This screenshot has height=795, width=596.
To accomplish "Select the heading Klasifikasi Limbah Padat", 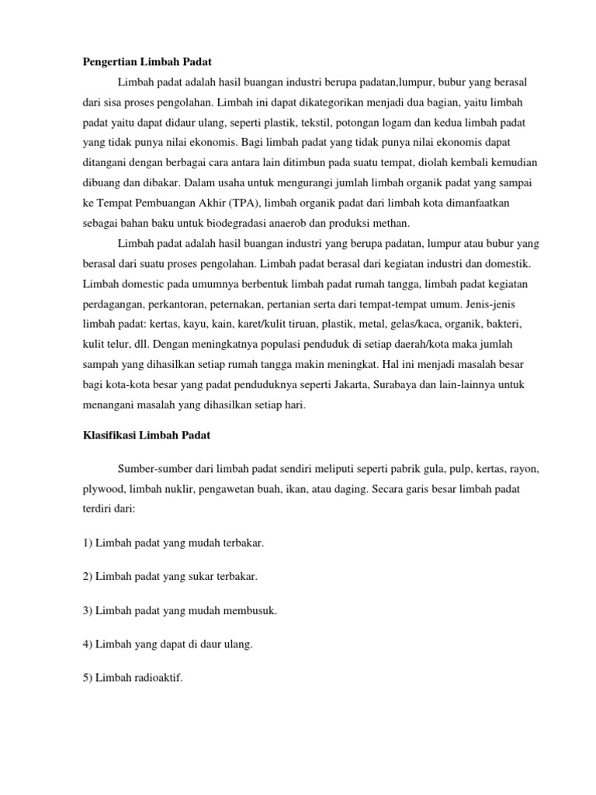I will pyautogui.click(x=147, y=436).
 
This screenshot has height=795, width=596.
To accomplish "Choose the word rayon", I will pyautogui.click(x=523, y=470).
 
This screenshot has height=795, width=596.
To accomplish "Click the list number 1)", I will pyautogui.click(x=88, y=543).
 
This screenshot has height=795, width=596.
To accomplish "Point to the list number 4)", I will pyautogui.click(x=88, y=644).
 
